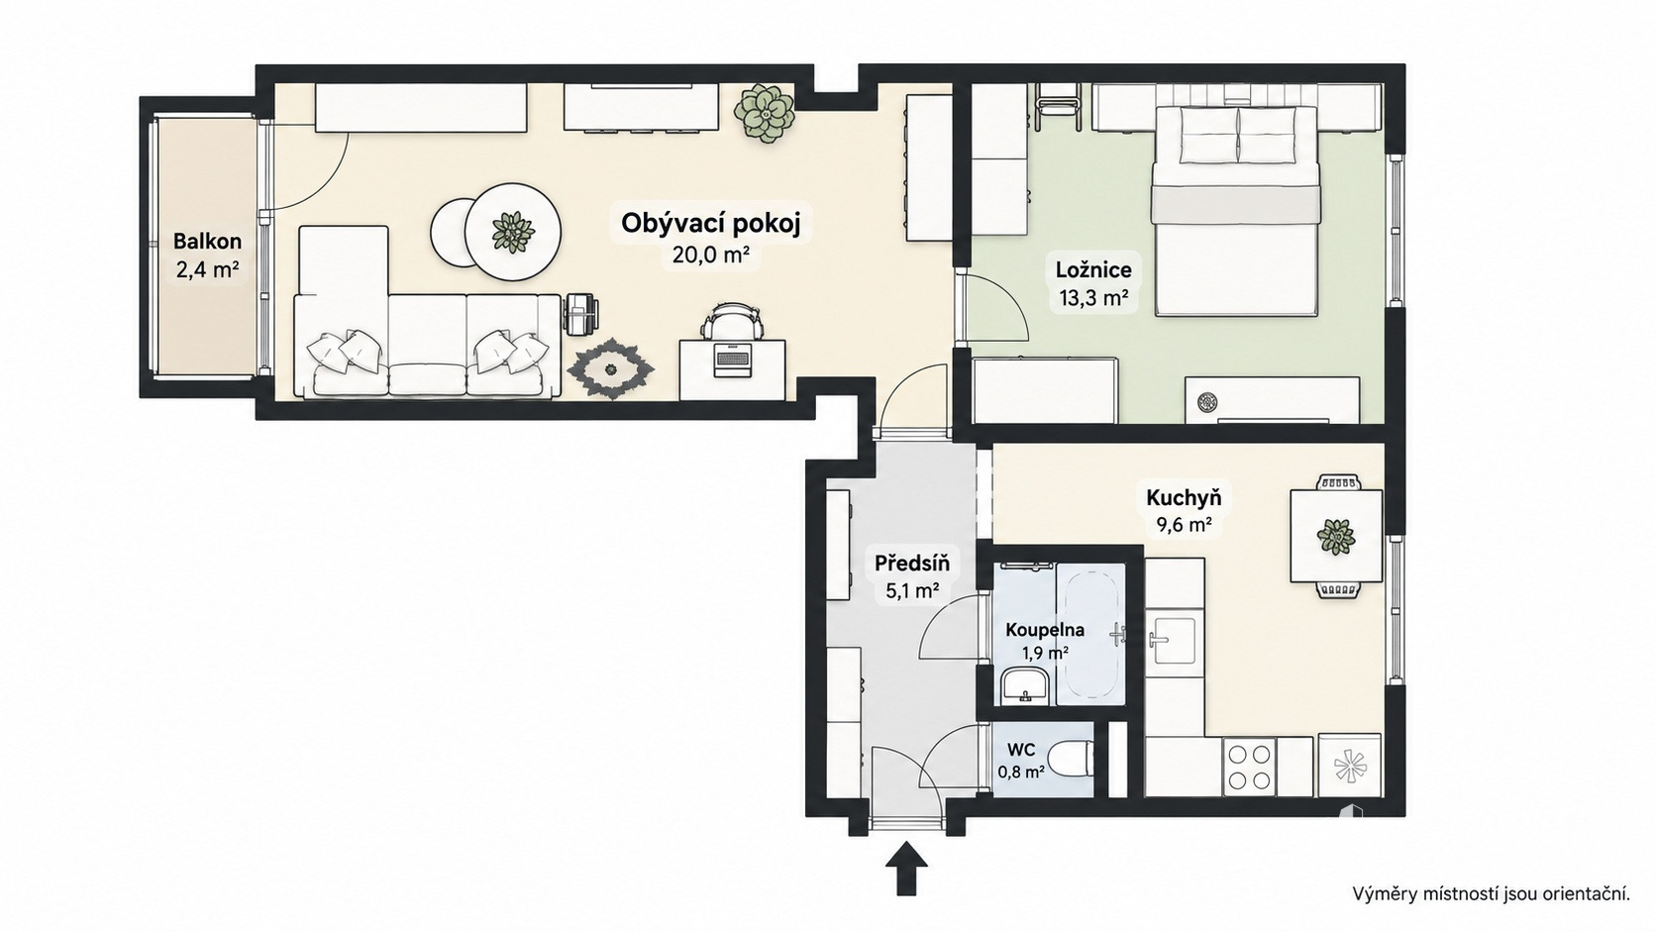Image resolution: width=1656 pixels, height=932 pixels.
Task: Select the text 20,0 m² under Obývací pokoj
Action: click(x=711, y=255)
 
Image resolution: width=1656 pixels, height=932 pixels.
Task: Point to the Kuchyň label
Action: click(x=1184, y=498)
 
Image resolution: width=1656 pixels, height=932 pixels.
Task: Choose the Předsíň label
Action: click(x=911, y=564)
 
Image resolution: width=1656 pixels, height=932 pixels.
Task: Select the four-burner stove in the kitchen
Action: click(x=1249, y=767)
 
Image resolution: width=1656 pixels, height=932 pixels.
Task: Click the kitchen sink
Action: click(x=1171, y=641)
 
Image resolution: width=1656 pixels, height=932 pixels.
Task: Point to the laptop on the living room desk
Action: click(x=733, y=359)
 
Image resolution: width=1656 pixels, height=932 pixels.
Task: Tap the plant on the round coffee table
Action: click(x=512, y=232)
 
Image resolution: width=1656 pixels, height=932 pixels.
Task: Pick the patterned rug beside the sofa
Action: click(x=611, y=368)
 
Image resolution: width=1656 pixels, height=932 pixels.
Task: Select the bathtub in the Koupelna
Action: click(x=1090, y=634)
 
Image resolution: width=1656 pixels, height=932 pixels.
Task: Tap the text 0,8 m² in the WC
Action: click(x=1021, y=773)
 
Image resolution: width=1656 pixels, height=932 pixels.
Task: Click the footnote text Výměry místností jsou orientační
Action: click(x=1492, y=894)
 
